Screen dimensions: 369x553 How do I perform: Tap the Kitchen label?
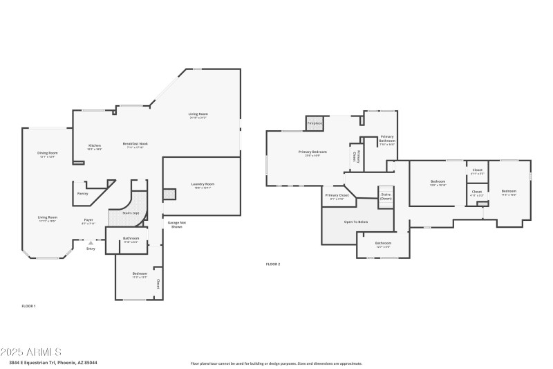pyautogui.click(x=95, y=145)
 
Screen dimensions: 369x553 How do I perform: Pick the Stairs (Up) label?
pyautogui.click(x=131, y=213)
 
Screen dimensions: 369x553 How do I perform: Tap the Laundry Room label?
pyautogui.click(x=203, y=183)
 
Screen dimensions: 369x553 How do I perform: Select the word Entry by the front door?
pyautogui.click(x=91, y=249)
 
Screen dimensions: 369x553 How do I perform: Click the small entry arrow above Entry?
pyautogui.click(x=91, y=242)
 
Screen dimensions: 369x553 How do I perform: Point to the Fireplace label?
pyautogui.click(x=315, y=123)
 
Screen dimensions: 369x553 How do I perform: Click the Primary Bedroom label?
pyautogui.click(x=312, y=152)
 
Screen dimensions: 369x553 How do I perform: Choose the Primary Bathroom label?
pyautogui.click(x=387, y=138)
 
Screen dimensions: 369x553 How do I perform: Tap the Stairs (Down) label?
pyautogui.click(x=386, y=197)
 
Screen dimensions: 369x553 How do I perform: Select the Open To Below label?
pyautogui.click(x=356, y=222)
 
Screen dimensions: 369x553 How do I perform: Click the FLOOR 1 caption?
pyautogui.click(x=28, y=305)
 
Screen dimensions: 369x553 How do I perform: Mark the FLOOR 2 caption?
pyautogui.click(x=273, y=264)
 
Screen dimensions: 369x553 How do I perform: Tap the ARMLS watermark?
pyautogui.click(x=31, y=352)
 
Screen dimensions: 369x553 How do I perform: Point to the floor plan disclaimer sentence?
pyautogui.click(x=276, y=363)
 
